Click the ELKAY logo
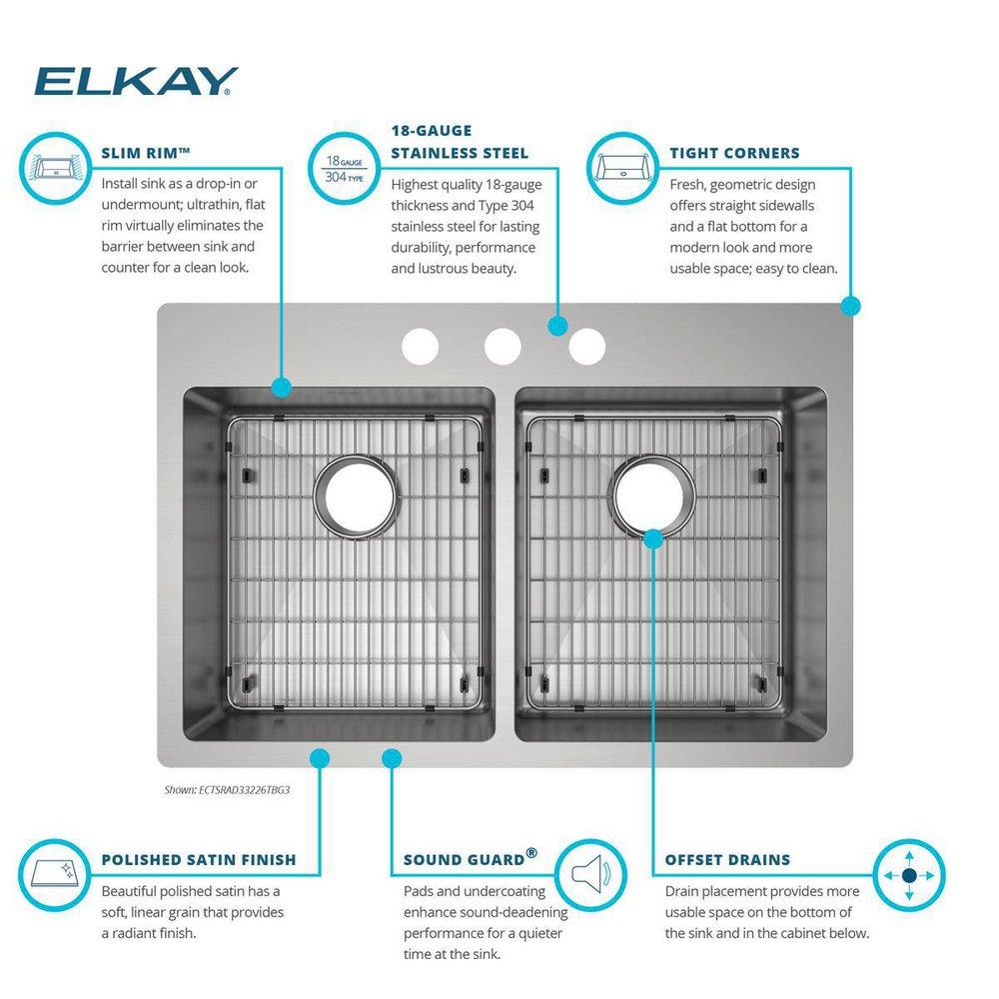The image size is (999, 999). pyautogui.click(x=136, y=81)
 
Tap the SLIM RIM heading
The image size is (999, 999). pyautogui.click(x=146, y=153)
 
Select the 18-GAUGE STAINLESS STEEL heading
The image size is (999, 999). pyautogui.click(x=459, y=142)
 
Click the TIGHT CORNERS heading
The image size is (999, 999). pyautogui.click(x=733, y=153)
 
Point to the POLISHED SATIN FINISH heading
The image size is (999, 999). pyautogui.click(x=199, y=859)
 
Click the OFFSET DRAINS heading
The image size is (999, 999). pyautogui.click(x=727, y=859)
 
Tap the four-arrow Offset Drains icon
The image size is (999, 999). pyautogui.click(x=908, y=874)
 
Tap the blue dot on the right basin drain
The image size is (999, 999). pyautogui.click(x=652, y=539)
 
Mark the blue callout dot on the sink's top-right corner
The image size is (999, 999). pyautogui.click(x=850, y=306)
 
